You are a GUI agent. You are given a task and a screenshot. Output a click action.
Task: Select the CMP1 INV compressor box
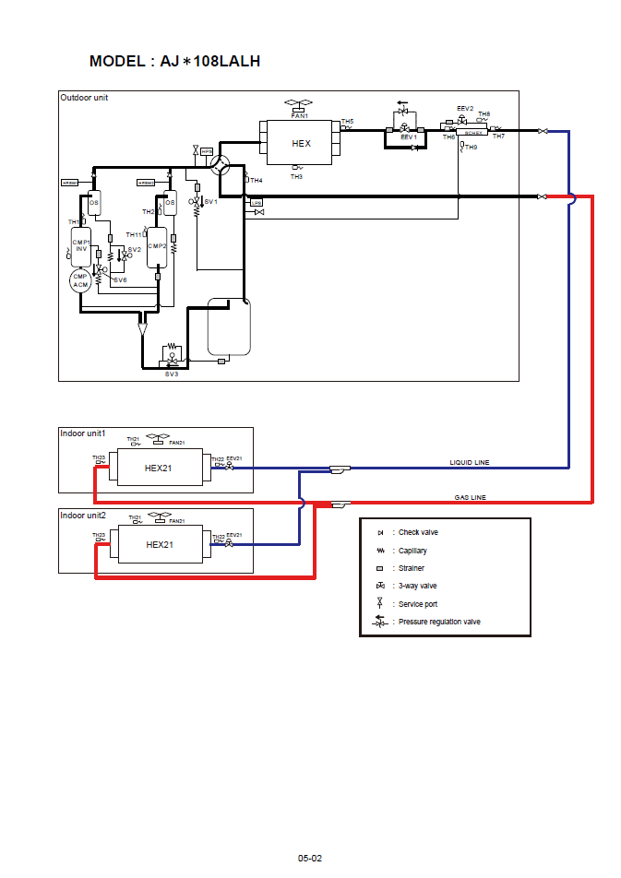click(81, 246)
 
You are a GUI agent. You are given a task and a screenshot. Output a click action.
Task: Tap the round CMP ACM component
click(80, 280)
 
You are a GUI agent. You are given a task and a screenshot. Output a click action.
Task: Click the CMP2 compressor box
click(157, 246)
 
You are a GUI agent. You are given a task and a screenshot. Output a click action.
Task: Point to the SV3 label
click(172, 374)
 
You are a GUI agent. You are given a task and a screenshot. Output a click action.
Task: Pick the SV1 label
click(210, 201)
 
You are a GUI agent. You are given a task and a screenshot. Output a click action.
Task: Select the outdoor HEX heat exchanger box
click(301, 144)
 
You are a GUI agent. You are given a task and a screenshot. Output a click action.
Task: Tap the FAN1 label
click(299, 116)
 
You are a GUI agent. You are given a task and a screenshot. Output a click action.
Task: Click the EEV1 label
click(409, 137)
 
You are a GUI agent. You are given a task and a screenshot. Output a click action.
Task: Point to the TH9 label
click(471, 148)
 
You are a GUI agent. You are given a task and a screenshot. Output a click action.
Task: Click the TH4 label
click(257, 180)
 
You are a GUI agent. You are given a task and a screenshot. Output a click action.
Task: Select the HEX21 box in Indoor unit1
click(159, 468)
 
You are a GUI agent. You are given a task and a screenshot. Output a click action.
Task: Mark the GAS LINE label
click(470, 497)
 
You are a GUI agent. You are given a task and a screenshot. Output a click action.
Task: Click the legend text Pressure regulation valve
click(439, 622)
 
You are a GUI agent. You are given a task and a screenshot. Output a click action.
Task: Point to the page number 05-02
click(310, 858)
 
